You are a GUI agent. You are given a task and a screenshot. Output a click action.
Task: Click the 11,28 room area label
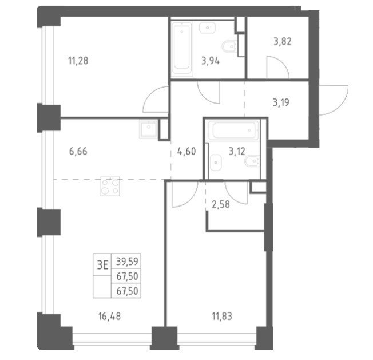(78, 61)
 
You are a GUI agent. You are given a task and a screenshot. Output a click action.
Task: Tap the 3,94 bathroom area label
(211, 61)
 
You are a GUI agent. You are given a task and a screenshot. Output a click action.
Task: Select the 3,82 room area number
(283, 42)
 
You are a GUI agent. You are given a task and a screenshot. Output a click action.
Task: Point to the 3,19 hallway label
(281, 102)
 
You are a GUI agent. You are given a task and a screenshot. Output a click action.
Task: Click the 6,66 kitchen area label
(78, 151)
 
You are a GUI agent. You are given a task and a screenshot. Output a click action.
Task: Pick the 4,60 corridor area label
(186, 151)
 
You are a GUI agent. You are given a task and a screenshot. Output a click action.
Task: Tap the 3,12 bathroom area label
(237, 151)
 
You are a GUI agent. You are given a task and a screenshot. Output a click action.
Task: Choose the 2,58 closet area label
(221, 204)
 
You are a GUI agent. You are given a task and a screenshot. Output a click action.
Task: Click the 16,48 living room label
(110, 317)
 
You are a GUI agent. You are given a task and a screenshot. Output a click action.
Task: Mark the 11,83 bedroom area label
(222, 317)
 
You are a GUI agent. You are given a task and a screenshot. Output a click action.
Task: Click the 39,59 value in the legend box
(127, 262)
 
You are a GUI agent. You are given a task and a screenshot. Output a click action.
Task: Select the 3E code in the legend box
(102, 265)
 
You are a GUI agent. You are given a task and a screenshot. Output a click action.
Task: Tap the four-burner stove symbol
(110, 186)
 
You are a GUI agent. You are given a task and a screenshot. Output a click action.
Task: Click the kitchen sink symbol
(148, 129)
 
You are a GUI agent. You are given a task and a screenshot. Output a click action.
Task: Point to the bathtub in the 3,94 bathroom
(182, 49)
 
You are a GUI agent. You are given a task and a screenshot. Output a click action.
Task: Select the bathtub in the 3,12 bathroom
(233, 130)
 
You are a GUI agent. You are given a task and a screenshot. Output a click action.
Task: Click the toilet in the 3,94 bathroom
(229, 46)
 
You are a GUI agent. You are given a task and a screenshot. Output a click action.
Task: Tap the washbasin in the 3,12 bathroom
(216, 163)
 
